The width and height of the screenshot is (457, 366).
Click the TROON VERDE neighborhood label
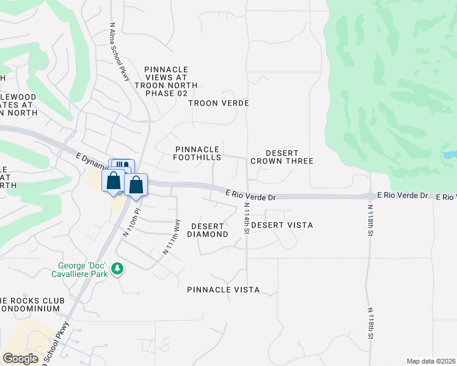219,103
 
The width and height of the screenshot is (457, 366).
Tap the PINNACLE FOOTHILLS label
197,153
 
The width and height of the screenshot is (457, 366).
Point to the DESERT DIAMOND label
207,230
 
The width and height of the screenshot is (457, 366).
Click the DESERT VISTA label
282,225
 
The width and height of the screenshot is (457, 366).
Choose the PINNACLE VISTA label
223,290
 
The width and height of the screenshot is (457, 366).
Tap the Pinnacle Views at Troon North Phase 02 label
166,77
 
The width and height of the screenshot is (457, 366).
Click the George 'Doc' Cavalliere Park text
82,270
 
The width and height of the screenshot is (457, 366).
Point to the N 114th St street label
247,219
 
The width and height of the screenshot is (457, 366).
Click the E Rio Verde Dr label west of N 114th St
250,195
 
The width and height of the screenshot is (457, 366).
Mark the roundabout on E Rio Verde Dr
370,196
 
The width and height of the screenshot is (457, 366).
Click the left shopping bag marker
113,181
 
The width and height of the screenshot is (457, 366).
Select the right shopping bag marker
136,185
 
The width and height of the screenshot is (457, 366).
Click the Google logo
21,359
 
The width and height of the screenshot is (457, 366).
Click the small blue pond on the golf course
450,155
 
